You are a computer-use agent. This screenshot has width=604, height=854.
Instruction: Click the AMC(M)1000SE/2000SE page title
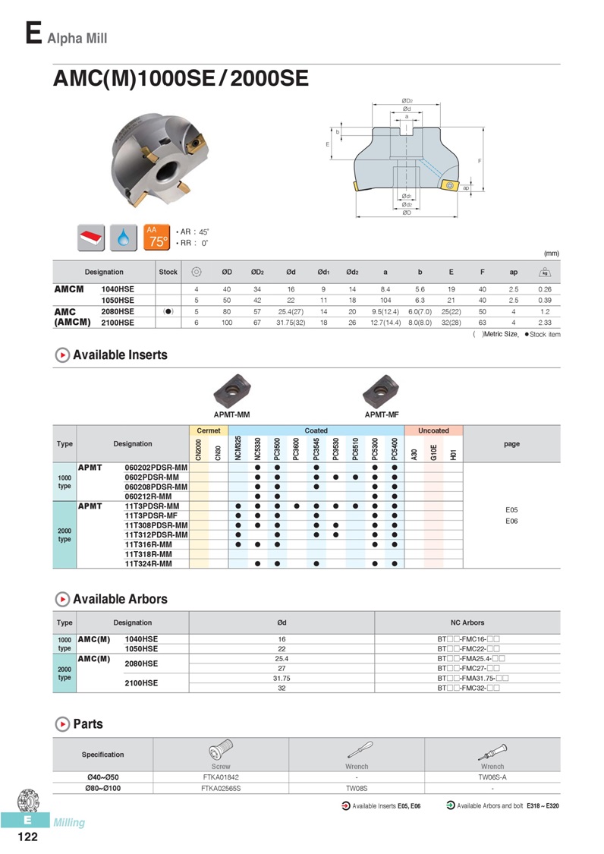[181, 78]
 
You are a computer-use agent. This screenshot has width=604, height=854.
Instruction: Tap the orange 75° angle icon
[157, 238]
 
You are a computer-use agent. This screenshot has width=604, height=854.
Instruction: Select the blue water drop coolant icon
[124, 238]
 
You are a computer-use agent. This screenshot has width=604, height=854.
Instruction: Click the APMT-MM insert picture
[232, 390]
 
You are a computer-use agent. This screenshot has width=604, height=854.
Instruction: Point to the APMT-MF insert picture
[381, 390]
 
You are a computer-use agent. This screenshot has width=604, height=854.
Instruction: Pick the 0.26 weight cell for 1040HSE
[544, 289]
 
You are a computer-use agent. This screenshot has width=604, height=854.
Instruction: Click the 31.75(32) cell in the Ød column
[291, 323]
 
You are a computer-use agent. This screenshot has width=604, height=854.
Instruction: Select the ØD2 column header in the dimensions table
[257, 272]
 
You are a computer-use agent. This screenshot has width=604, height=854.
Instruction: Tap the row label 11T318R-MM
[148, 554]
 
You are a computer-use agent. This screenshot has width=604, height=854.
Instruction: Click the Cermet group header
[209, 430]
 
